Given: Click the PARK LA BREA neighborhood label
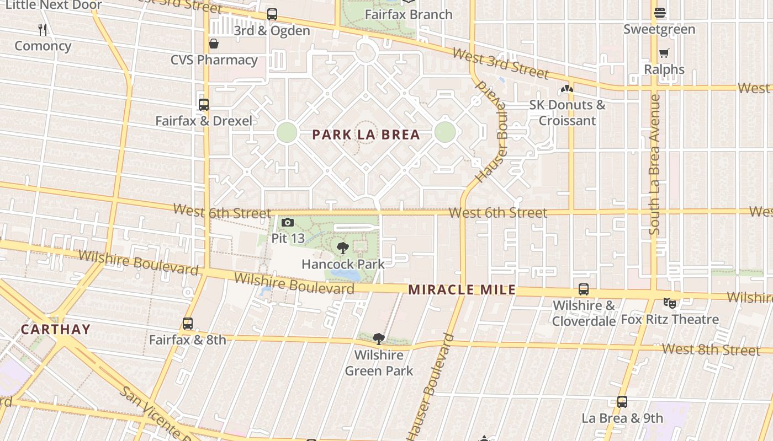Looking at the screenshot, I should (x=366, y=135).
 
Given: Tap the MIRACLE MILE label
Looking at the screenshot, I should (x=462, y=289).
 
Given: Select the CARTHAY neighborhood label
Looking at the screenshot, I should (x=55, y=330).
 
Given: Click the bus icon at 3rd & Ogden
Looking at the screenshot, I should (x=272, y=14).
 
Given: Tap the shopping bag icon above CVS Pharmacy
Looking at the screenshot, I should (x=214, y=44).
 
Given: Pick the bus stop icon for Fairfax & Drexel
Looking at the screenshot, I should (x=204, y=104).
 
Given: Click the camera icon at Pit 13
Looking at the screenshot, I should (x=288, y=223).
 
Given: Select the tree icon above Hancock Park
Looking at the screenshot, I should (x=342, y=248).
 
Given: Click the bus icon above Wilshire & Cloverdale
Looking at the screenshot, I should (x=584, y=289).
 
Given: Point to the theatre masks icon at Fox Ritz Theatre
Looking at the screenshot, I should (x=670, y=303).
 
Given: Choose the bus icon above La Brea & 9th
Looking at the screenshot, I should (x=622, y=402).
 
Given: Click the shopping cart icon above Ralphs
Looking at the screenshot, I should (x=664, y=53).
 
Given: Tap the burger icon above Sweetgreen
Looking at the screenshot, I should (x=659, y=12).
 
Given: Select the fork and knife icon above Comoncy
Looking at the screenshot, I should (x=43, y=29).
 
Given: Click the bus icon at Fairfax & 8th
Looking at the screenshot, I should (x=188, y=324).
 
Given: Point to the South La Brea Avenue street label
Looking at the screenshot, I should (x=655, y=165).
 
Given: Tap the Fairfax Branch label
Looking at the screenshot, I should (x=409, y=14).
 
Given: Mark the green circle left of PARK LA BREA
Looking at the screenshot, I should (x=287, y=132).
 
